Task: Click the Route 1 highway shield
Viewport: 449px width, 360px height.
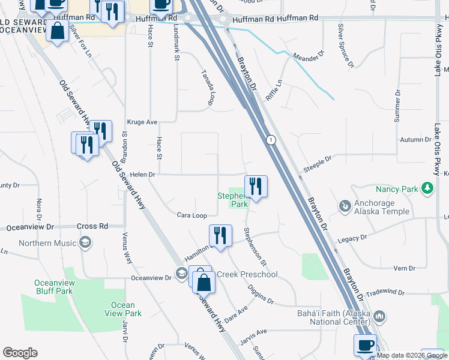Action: [271, 140]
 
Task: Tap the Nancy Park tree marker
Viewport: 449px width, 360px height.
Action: [427, 189]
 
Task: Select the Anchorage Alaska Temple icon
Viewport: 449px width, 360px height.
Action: [345, 207]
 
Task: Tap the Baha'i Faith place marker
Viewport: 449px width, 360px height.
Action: [379, 316]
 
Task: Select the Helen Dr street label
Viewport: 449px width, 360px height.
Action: [142, 175]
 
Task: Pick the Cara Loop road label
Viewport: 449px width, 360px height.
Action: [191, 215]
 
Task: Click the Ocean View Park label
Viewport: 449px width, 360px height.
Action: [123, 309]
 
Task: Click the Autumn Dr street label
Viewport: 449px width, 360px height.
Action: [415, 140]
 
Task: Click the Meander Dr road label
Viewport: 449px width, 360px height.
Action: [308, 58]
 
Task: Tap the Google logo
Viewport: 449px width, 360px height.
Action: [20, 353]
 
